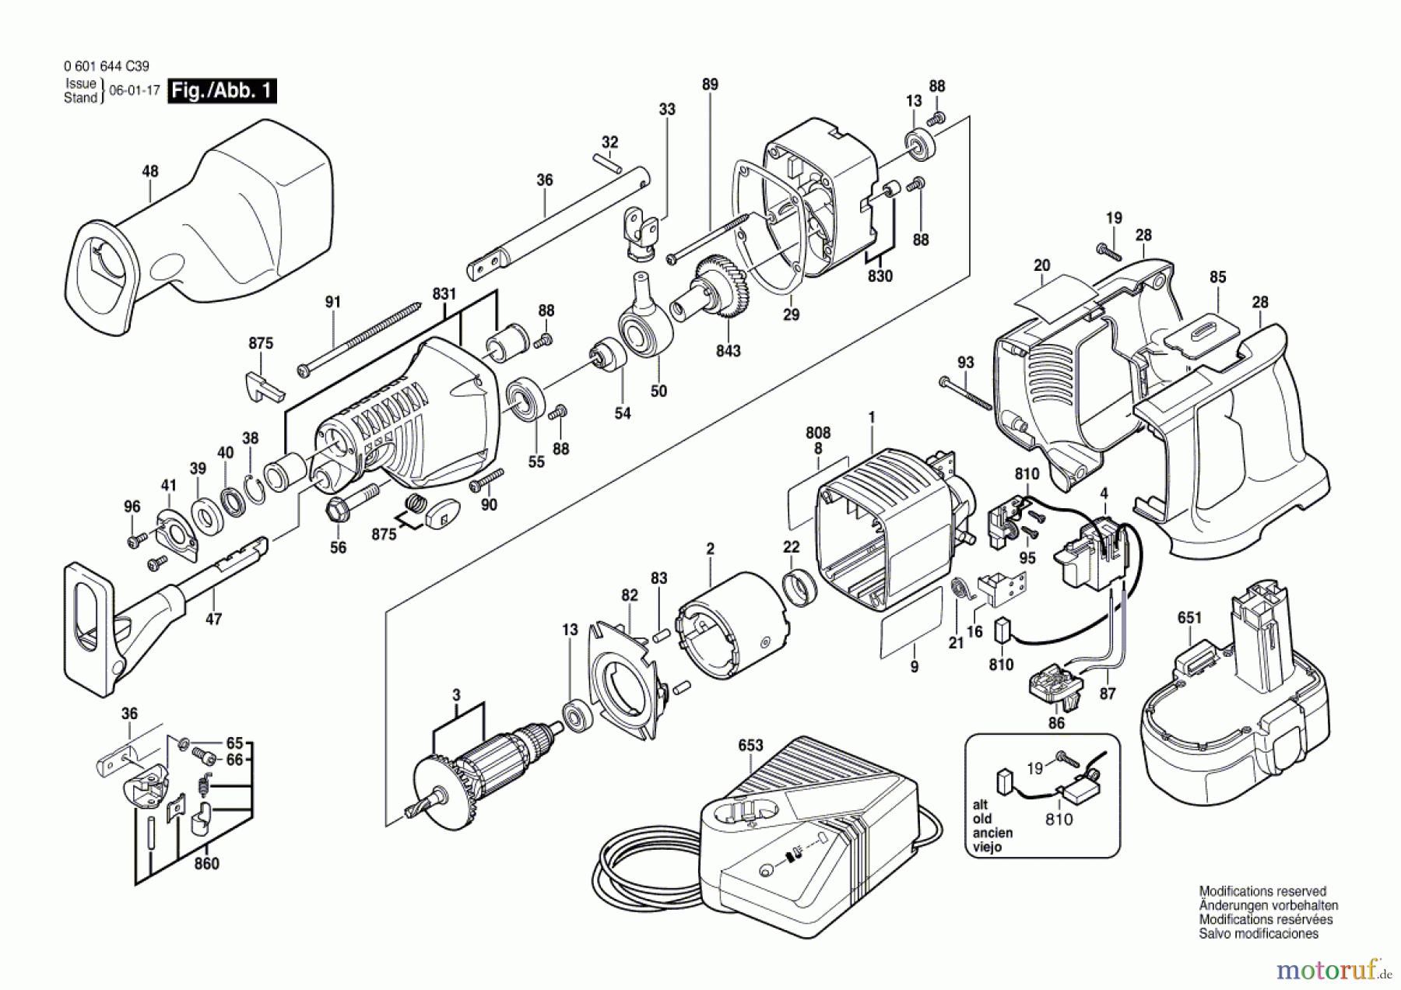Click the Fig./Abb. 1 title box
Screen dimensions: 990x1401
[222, 91]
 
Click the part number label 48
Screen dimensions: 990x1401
[149, 171]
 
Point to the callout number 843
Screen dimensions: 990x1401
[729, 351]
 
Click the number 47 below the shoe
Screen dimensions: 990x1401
[213, 620]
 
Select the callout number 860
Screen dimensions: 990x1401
[206, 863]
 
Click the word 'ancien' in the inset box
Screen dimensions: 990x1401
[992, 833]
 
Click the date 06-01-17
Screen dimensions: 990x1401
[135, 90]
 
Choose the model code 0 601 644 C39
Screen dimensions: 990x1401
[107, 67]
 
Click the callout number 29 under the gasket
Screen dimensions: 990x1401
[791, 315]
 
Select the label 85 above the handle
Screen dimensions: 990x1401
[1218, 277]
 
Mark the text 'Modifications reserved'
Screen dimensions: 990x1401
[1262, 891]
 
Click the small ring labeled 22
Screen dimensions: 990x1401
[799, 588]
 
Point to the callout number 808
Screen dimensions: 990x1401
[818, 433]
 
